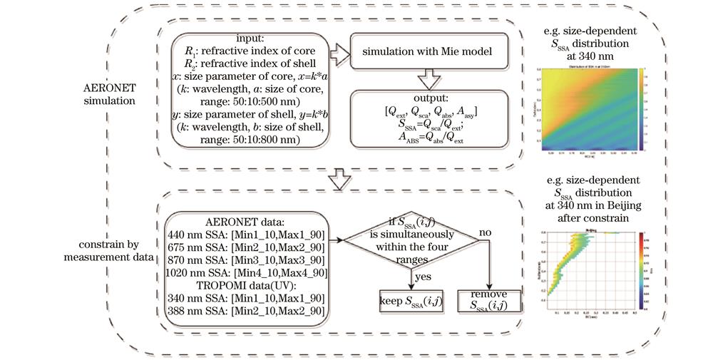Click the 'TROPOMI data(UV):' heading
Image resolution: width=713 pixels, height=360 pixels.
point(246,284)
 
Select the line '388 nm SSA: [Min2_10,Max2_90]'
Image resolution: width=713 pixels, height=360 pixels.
point(246,311)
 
